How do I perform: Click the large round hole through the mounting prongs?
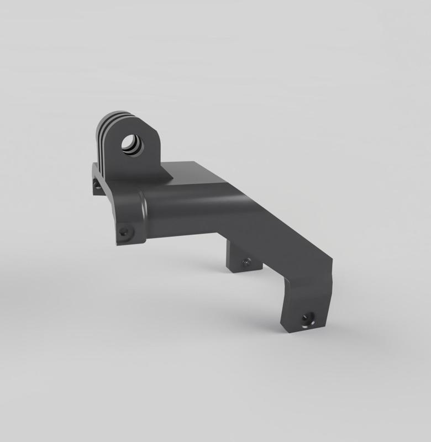click(133, 145)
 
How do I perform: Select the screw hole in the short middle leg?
click(244, 261)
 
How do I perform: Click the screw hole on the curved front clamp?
click(124, 231)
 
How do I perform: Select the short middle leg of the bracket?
click(242, 257)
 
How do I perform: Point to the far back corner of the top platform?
click(195, 162)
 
